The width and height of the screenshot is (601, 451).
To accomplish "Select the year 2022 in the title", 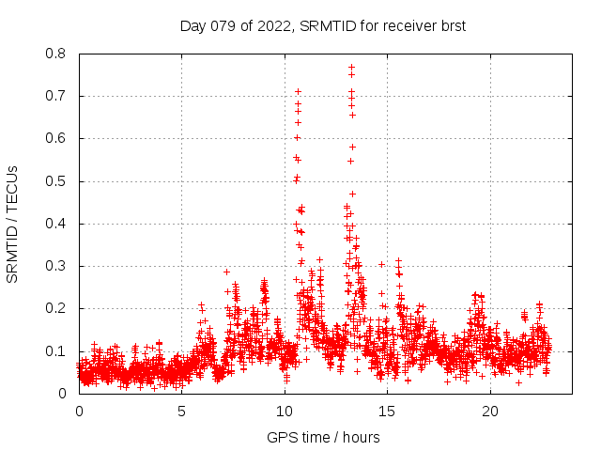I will (271, 26).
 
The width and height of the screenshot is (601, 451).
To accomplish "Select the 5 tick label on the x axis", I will (182, 411).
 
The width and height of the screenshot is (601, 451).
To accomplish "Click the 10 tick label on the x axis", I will (285, 411).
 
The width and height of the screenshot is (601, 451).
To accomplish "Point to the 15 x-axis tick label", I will (388, 411).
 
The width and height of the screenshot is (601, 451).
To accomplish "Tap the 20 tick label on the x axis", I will (490, 411).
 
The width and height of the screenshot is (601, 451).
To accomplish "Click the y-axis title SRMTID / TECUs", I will (13, 224).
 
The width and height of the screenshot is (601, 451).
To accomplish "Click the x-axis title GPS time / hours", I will (323, 437).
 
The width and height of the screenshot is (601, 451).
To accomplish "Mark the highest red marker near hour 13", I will (351, 67).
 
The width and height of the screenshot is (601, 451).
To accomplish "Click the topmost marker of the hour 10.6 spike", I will (298, 91).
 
